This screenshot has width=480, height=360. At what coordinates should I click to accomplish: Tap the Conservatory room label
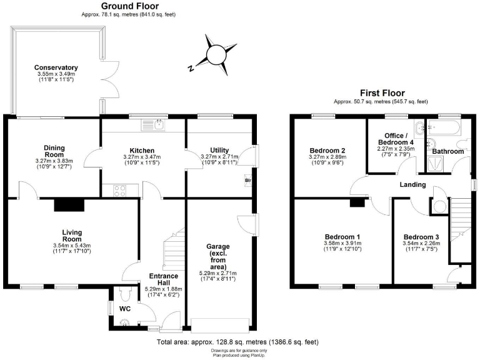click(x=56, y=67)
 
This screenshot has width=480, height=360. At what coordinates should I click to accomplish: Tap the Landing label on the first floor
click(x=412, y=184)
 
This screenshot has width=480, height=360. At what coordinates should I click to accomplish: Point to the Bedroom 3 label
click(x=421, y=236)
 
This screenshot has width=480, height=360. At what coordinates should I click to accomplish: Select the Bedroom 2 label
click(x=328, y=151)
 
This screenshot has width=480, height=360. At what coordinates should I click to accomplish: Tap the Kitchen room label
click(x=142, y=151)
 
